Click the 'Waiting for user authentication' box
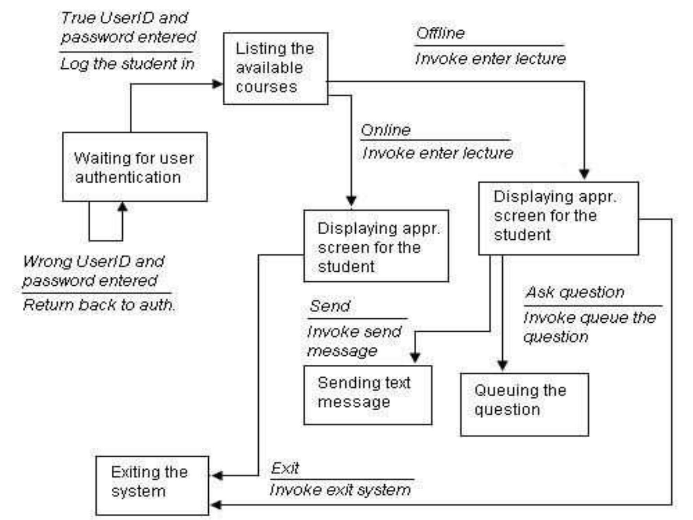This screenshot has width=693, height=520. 134,167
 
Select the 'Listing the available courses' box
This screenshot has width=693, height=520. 275,68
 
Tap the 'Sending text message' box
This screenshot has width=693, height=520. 368,395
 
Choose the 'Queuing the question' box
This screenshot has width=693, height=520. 524,404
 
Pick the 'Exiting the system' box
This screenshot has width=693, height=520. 152,485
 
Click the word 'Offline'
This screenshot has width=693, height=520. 440,33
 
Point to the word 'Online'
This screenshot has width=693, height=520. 386,130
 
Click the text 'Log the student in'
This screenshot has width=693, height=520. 127,64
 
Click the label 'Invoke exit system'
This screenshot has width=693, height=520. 340,490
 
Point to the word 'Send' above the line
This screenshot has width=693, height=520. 329,306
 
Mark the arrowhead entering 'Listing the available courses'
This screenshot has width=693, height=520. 217,84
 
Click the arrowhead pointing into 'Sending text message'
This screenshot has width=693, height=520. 415,358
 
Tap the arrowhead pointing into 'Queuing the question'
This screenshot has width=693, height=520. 502,365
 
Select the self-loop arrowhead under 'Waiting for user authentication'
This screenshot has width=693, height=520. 123,207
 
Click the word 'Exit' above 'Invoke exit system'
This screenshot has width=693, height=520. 285,468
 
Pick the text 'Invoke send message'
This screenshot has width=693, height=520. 354,341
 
